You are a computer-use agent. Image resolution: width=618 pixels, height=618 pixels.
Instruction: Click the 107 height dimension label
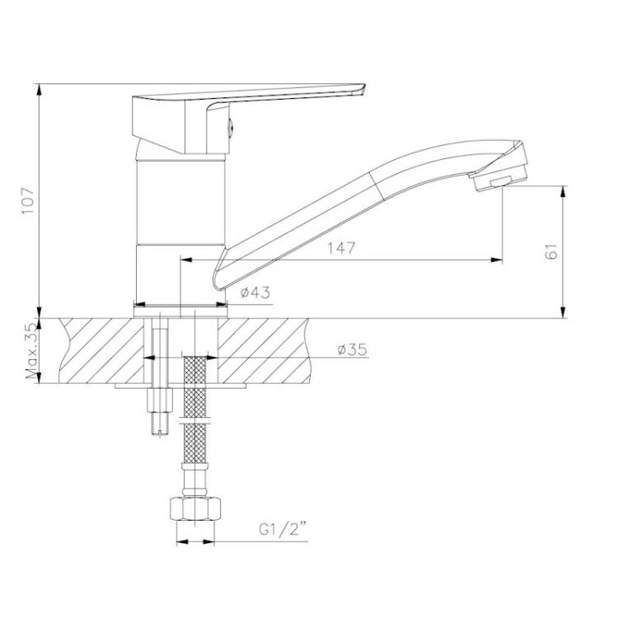[x=28, y=200]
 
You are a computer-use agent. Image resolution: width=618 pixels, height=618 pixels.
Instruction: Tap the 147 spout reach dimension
[x=341, y=248]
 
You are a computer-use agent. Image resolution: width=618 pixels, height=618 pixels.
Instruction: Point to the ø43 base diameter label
[x=255, y=293]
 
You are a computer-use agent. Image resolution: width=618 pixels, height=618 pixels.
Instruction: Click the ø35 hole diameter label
[x=353, y=349]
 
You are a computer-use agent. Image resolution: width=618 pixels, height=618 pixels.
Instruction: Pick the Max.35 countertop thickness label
[x=33, y=351]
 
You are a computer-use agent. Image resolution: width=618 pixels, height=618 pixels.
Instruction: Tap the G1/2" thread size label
[x=283, y=529]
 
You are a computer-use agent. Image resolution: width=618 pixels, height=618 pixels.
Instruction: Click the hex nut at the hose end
[x=194, y=509]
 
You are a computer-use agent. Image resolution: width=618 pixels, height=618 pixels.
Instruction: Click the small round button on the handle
[x=232, y=127]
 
